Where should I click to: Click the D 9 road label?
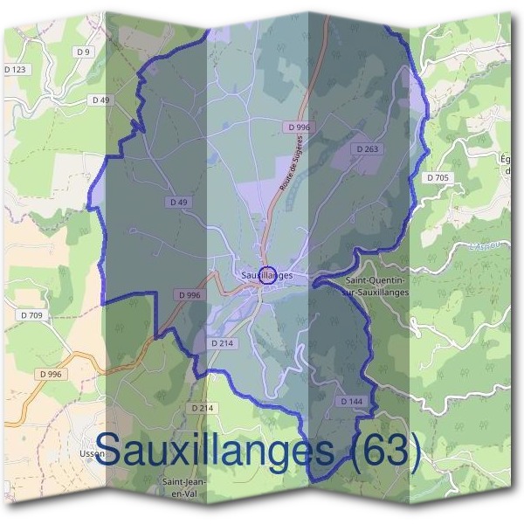(84, 52)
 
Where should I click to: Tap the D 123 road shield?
(15, 69)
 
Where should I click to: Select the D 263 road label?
(368, 149)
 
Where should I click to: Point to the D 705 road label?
(438, 177)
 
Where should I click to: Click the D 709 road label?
(30, 314)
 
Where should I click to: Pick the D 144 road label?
(350, 401)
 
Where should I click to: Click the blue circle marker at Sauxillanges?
(269, 274)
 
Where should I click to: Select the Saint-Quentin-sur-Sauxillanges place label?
(376, 286)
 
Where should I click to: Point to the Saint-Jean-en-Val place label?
(183, 486)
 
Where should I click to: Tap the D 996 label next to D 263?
(299, 127)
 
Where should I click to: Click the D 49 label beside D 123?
(101, 100)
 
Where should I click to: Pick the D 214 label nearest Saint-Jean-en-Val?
(202, 408)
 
